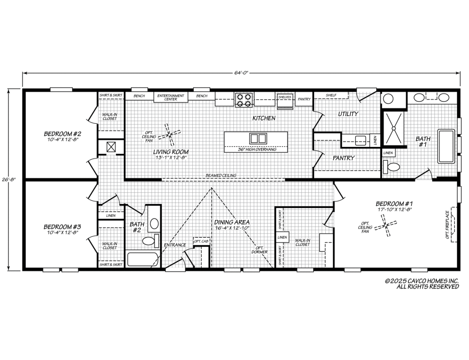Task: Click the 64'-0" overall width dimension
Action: [241, 73]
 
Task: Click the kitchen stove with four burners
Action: [244, 100]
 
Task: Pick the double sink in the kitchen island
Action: [258, 138]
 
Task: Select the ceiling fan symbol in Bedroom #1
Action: [386, 226]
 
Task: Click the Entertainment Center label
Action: [171, 97]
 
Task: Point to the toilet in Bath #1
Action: [392, 167]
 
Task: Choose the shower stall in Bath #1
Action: [393, 128]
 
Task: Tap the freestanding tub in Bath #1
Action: [446, 146]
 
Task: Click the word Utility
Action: [348, 114]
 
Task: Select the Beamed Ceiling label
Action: [221, 176]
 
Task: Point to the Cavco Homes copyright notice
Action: [422, 284]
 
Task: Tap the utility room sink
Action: [360, 140]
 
